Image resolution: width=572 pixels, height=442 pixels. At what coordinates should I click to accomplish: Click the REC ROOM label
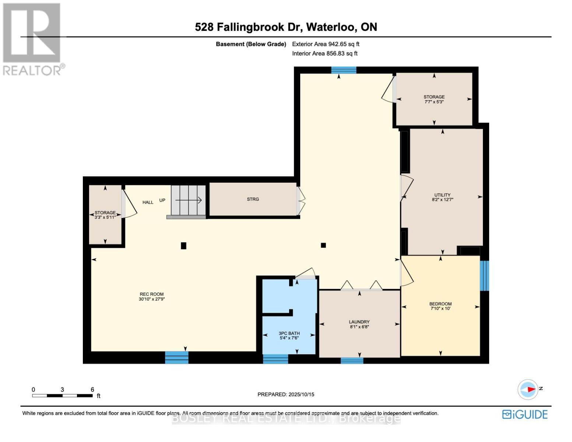tap(152, 294)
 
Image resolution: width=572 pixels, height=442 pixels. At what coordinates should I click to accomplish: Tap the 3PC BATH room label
tap(289, 333)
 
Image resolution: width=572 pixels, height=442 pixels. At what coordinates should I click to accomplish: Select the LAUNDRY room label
tap(359, 322)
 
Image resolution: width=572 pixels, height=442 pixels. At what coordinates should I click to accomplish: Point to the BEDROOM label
tap(441, 304)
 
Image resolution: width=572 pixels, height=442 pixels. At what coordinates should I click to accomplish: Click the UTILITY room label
tap(442, 195)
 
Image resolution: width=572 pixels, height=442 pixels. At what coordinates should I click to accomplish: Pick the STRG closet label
tap(253, 199)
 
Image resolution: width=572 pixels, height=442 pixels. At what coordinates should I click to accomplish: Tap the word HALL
tap(148, 202)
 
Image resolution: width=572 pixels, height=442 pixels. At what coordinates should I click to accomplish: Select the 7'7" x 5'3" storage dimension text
tap(434, 102)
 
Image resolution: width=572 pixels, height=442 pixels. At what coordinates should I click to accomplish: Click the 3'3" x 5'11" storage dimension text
tap(105, 217)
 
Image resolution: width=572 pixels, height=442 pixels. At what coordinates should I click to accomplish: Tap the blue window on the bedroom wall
tap(484, 276)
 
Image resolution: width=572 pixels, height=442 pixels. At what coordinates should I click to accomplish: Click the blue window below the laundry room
tap(352, 361)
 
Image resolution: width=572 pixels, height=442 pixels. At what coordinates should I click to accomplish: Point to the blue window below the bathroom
tap(276, 359)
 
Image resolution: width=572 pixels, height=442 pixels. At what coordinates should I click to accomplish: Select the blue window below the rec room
tap(177, 358)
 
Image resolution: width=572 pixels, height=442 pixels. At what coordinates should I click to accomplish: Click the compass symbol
tap(528, 389)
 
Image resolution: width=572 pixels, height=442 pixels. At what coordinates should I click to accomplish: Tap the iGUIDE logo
tap(525, 414)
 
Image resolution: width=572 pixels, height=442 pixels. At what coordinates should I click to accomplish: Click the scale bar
tap(62, 396)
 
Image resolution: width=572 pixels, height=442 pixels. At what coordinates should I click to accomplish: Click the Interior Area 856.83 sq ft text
tap(325, 53)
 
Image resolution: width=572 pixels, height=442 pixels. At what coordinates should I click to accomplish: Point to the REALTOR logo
tap(34, 39)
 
